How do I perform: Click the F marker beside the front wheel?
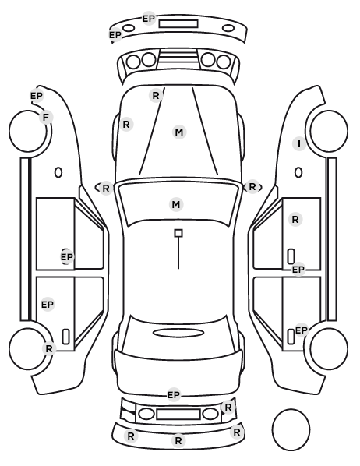pyautogui.click(x=46, y=118)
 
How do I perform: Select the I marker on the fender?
pyautogui.click(x=299, y=144)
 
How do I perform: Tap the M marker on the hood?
pyautogui.click(x=179, y=132)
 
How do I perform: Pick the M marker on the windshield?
pyautogui.click(x=176, y=204)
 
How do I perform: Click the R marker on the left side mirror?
pyautogui.click(x=106, y=188)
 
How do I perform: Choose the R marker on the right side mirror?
pyautogui.click(x=252, y=187)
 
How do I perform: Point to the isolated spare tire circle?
pyautogui.click(x=291, y=429)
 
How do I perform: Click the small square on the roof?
pyautogui.click(x=178, y=233)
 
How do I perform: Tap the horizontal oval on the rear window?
pyautogui.click(x=178, y=333)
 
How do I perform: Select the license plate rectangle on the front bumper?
pyautogui.click(x=178, y=24)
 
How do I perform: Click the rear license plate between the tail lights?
pyautogui.click(x=178, y=414)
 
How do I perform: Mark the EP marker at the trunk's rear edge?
pyautogui.click(x=174, y=395)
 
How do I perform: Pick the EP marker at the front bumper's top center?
pyautogui.click(x=149, y=19)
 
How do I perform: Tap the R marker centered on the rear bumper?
pyautogui.click(x=178, y=441)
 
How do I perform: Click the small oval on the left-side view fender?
pyautogui.click(x=58, y=172)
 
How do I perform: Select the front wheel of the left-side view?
pyautogui.click(x=28, y=131)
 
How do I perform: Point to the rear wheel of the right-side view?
pyautogui.click(x=329, y=348)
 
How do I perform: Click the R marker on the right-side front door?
pyautogui.click(x=295, y=220)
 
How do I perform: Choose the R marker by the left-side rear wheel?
pyautogui.click(x=49, y=348)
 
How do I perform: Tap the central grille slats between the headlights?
pyautogui.click(x=178, y=59)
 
